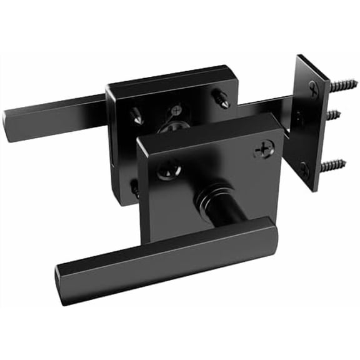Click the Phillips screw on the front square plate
click(x=263, y=151)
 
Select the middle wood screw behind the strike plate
click(x=336, y=114)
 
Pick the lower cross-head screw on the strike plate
click(x=304, y=167)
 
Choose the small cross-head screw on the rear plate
click(x=177, y=108)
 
